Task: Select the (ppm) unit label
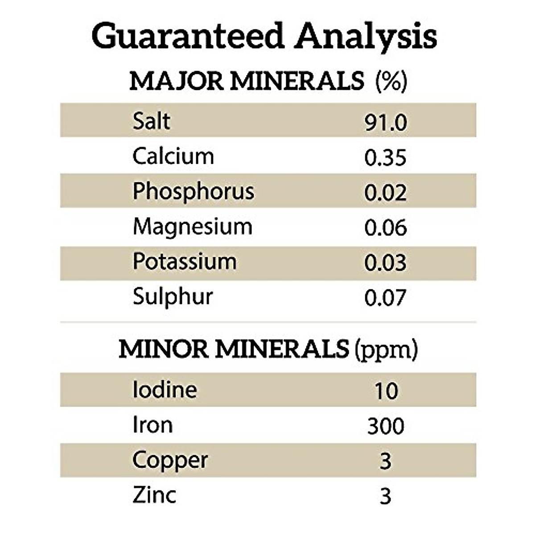click(386, 350)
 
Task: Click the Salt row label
click(151, 121)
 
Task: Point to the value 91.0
click(386, 123)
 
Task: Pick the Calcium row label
click(173, 156)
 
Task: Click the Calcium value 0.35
click(386, 158)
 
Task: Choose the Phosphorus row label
click(193, 192)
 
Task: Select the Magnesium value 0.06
click(386, 228)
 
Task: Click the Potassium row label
click(185, 262)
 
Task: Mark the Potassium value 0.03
click(386, 263)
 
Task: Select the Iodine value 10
click(386, 391)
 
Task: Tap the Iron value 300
click(386, 426)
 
